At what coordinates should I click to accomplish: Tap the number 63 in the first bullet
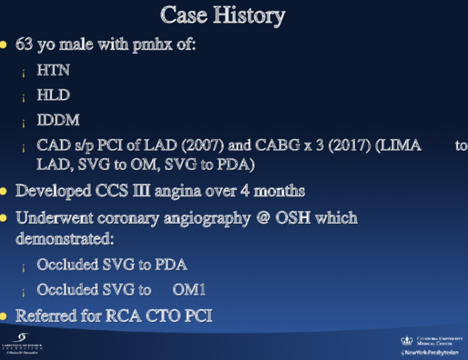pyautogui.click(x=24, y=46)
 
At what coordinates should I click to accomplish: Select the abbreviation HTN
pyautogui.click(x=54, y=70)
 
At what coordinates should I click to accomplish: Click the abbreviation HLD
pyautogui.click(x=54, y=95)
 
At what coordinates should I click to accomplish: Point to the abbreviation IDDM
pyautogui.click(x=58, y=120)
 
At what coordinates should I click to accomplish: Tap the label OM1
pyautogui.click(x=193, y=290)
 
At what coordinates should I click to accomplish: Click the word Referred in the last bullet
pyautogui.click(x=45, y=315)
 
